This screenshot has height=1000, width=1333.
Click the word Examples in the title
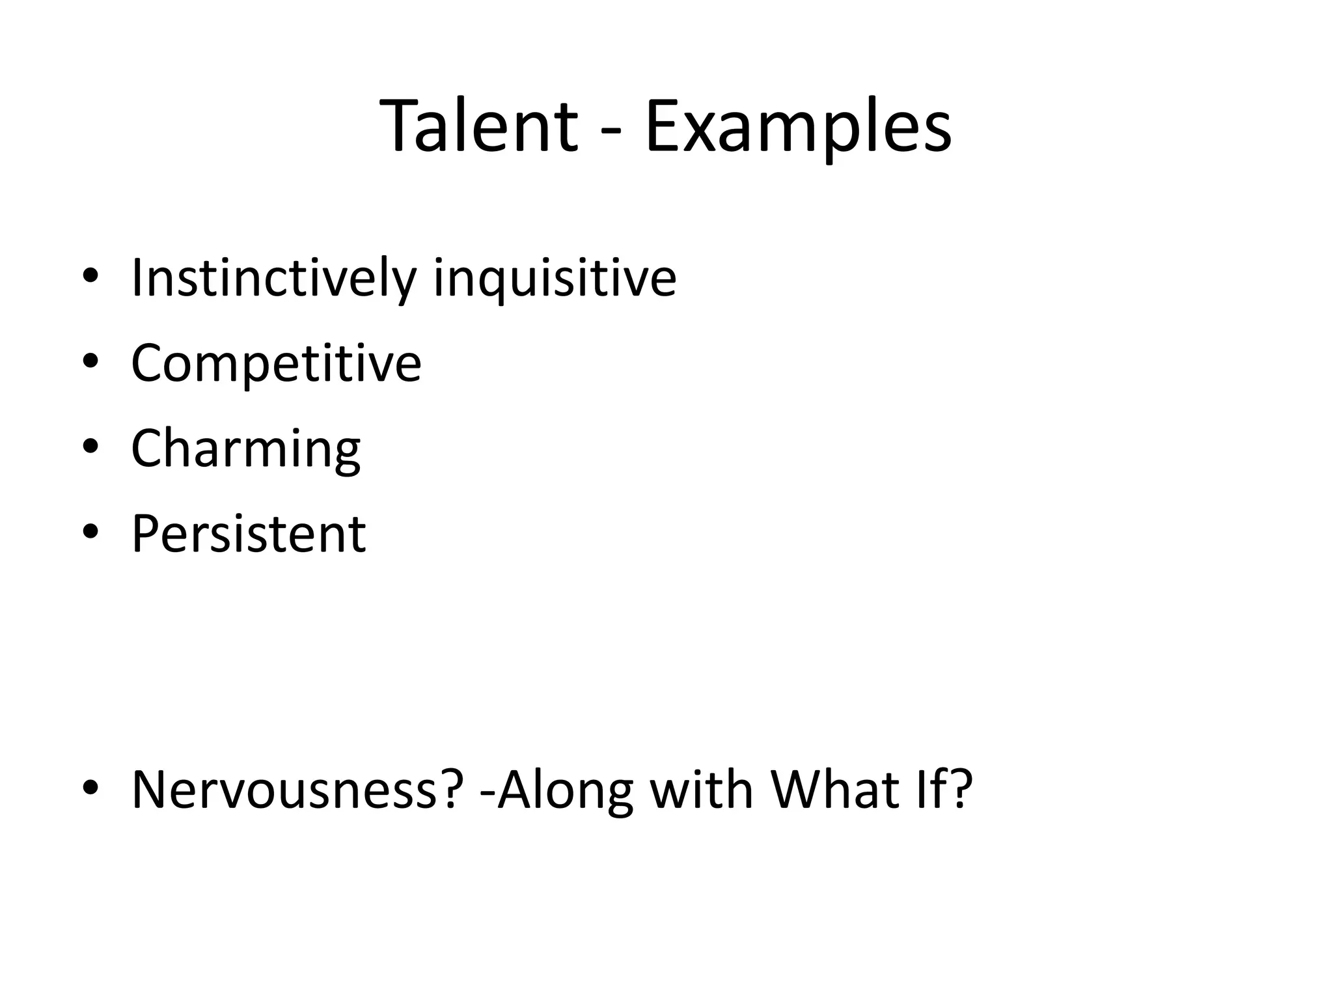tap(798, 128)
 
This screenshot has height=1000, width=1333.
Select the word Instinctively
tap(273, 279)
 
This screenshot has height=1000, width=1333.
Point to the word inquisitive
tap(555, 279)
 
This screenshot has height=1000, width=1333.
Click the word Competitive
tap(276, 363)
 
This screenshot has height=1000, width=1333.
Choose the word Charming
tap(245, 449)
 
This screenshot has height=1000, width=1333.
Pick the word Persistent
tap(248, 534)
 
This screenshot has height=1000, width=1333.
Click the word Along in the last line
tap(565, 790)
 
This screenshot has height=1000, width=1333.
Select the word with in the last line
tap(702, 790)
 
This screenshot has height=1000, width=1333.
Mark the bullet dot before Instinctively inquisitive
tap(90, 277)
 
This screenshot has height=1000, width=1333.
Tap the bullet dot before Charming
tap(90, 447)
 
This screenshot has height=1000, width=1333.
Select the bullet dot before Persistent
tap(90, 533)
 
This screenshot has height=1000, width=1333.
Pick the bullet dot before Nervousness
tap(90, 788)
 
